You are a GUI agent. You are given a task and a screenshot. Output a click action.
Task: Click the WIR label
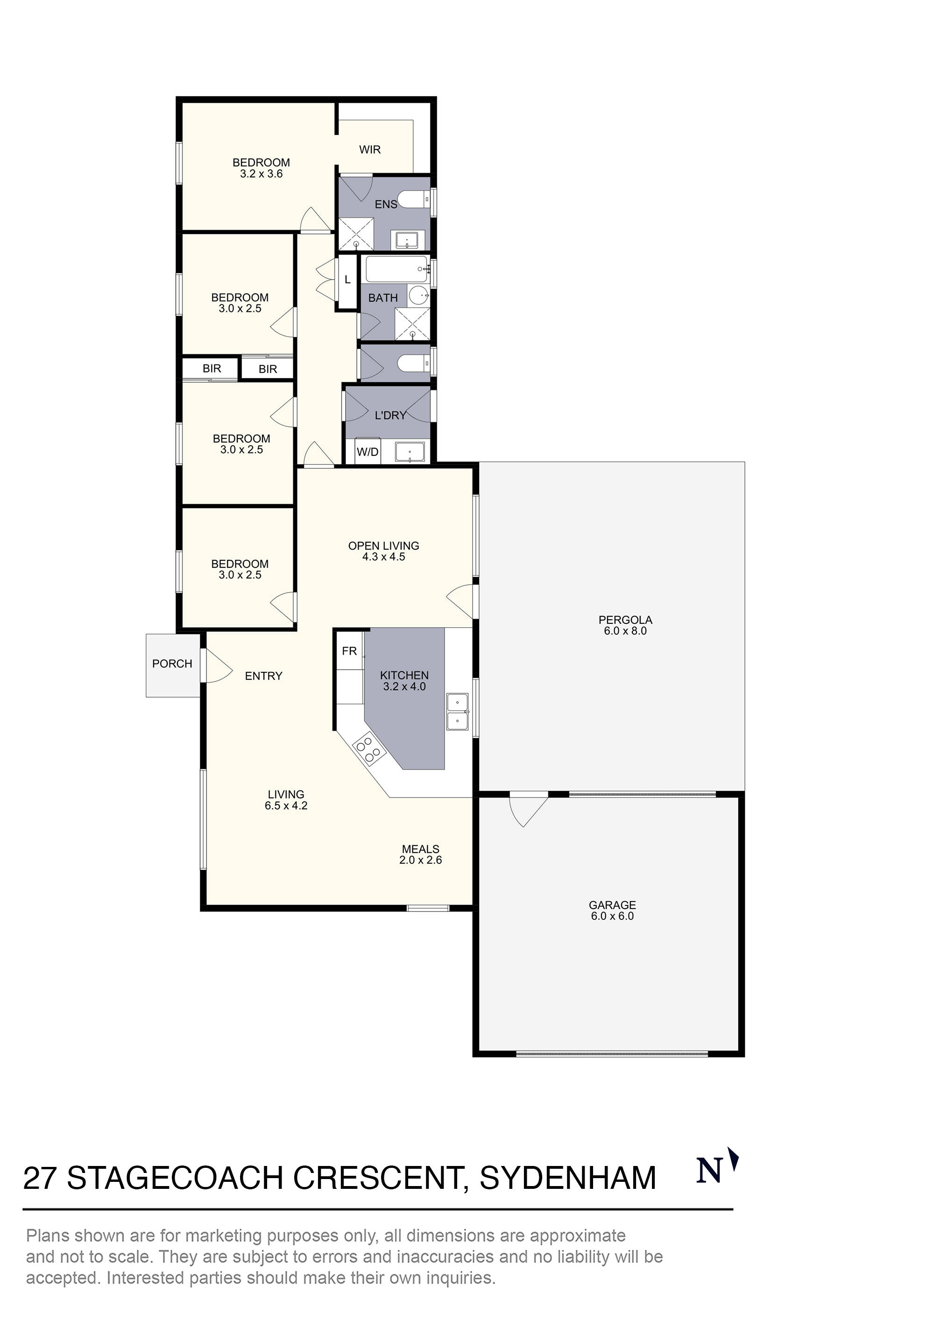[369, 149]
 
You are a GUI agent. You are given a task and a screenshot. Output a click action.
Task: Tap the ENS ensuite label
[386, 204]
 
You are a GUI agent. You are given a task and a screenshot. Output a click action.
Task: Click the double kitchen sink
[458, 712]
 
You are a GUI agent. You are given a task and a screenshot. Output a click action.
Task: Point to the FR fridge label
[349, 651]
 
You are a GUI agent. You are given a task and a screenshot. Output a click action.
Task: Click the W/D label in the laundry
[368, 452]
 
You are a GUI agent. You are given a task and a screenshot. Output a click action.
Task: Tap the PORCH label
[172, 664]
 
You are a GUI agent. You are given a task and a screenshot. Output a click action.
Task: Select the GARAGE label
[612, 905]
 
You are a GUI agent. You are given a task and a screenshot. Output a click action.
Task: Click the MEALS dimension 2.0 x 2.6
[420, 860]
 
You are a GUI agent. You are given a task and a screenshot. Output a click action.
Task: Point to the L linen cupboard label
[347, 280]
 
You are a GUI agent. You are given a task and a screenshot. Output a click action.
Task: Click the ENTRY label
[263, 676]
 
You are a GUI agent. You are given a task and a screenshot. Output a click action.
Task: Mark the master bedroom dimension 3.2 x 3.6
[261, 174]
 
